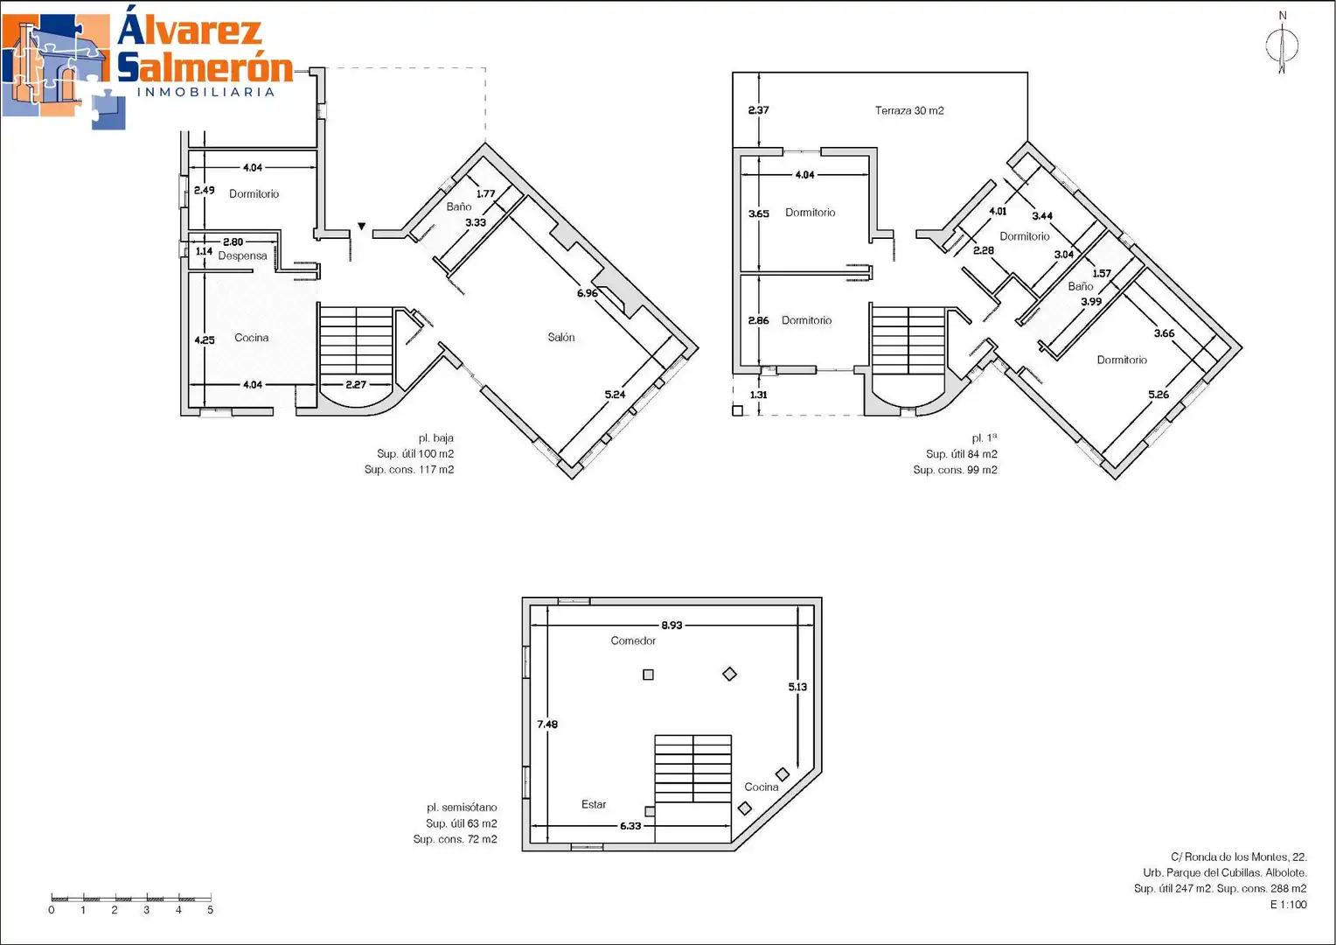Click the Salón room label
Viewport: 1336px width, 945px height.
[561, 337]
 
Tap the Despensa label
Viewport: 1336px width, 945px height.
[243, 256]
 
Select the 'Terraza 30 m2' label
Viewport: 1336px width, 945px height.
[909, 110]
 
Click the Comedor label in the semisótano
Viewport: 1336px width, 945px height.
[633, 640]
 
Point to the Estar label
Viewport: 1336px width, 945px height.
[594, 804]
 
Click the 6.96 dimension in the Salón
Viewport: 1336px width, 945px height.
[587, 293]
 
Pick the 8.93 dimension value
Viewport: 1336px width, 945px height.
[671, 625]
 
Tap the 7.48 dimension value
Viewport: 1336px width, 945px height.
[547, 724]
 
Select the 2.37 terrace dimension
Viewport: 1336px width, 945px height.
[758, 110]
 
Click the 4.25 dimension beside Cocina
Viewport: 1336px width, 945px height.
[204, 339]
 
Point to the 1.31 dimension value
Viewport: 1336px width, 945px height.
[758, 395]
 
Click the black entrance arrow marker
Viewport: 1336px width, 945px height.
[361, 227]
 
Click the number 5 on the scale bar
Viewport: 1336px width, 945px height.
[210, 910]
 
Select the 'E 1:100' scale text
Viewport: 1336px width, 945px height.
[1288, 905]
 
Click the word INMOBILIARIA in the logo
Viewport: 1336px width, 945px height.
[205, 92]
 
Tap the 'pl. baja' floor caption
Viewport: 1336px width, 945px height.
[436, 438]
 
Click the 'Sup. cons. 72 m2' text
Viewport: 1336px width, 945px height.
[455, 839]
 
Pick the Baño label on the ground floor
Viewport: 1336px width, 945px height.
[459, 206]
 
